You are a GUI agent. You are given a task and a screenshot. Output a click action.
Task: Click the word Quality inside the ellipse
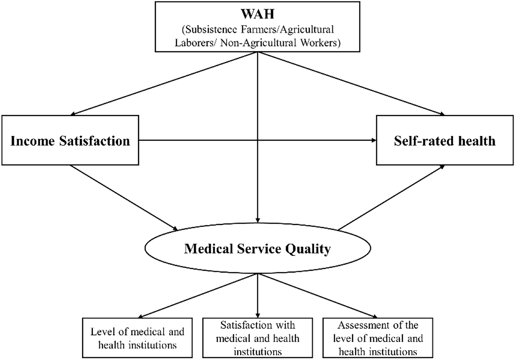[308, 249]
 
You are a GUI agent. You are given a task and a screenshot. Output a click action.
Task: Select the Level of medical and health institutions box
[137, 338]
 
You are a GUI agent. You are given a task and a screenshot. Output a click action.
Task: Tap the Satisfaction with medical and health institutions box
[257, 338]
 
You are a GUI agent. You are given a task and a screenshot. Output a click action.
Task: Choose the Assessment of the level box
[378, 338]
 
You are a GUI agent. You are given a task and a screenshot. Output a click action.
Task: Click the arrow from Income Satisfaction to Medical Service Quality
[124, 198]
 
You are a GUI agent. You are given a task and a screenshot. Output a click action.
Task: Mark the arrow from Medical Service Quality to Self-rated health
[391, 197]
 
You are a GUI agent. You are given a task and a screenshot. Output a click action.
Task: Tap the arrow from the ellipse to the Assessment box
[318, 296]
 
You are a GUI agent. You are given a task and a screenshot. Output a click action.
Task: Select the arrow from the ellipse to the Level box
[197, 296]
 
